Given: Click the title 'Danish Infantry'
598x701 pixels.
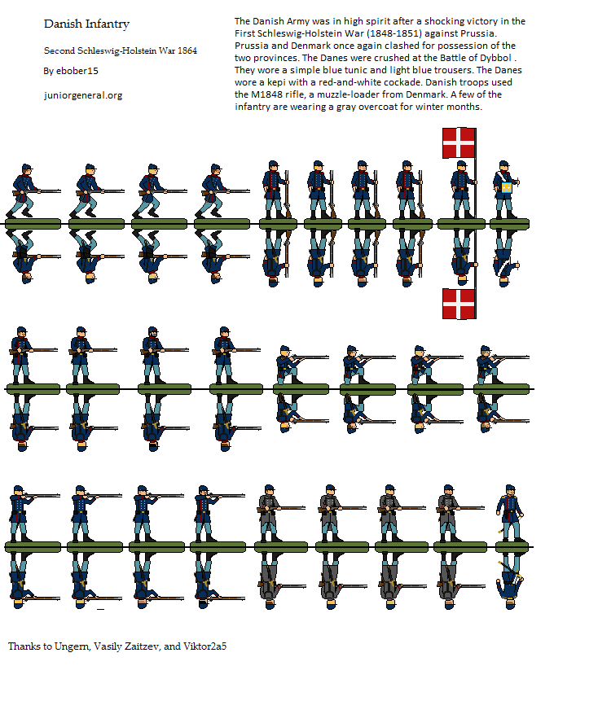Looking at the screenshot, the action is point(87,24).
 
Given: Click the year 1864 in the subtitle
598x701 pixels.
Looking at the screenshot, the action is point(187,50).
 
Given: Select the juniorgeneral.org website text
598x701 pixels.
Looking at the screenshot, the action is point(83,95).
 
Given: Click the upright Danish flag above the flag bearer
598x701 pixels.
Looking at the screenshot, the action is point(459,143).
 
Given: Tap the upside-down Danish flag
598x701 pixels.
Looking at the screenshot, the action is point(459,304).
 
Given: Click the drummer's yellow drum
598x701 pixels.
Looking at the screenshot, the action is point(507,188).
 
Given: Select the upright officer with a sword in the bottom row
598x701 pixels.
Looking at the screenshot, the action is point(510,513).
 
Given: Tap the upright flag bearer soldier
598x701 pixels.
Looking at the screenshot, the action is point(460,190).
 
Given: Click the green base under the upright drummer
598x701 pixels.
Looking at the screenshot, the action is point(509,224).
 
